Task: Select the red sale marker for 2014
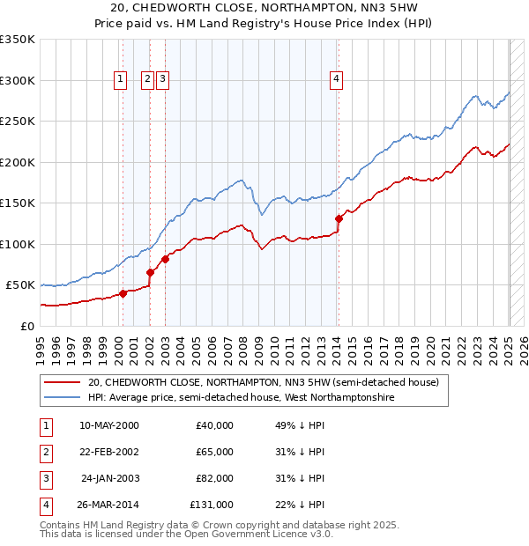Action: coord(339,218)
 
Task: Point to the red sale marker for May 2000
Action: coord(123,294)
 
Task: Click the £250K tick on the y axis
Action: coord(19,121)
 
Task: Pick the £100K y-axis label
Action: coord(19,244)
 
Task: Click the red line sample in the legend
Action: coord(62,382)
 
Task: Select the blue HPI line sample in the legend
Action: coord(62,397)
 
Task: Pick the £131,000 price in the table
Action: coord(211,505)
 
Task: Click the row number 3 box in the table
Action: coord(45,478)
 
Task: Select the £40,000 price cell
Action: coord(214,425)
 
